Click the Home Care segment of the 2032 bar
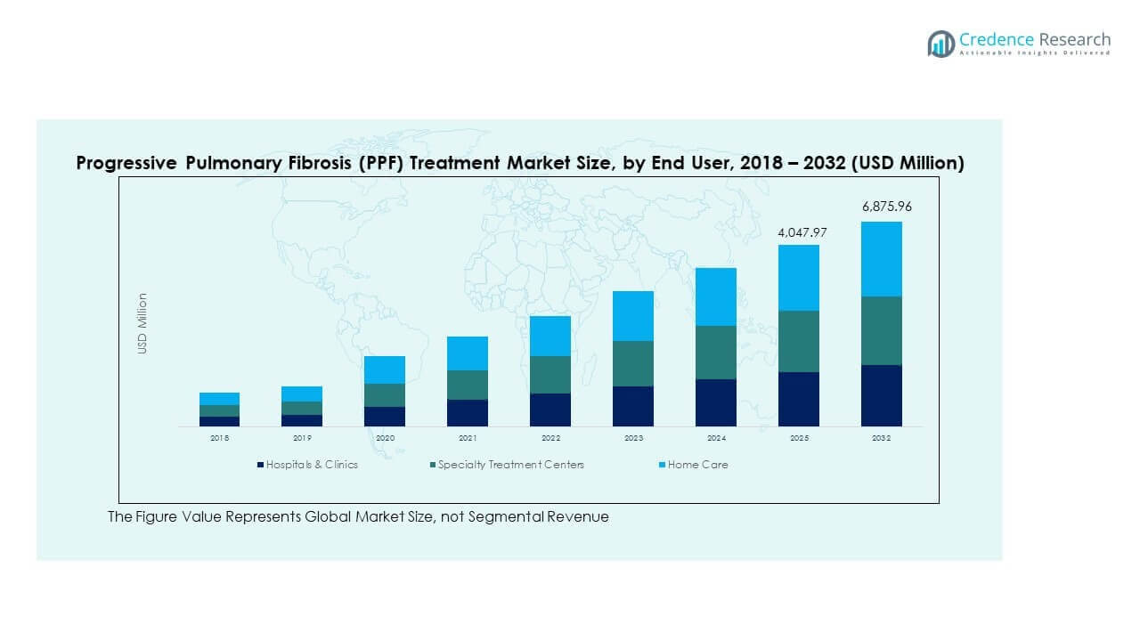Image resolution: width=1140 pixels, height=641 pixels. [x=881, y=259]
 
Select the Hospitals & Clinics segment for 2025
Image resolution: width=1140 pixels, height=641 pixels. [x=799, y=399]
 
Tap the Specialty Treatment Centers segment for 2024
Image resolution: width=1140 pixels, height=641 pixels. [x=716, y=353]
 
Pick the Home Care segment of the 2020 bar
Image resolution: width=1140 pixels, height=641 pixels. [x=385, y=369]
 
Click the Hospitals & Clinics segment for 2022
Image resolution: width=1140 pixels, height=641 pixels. [x=550, y=410]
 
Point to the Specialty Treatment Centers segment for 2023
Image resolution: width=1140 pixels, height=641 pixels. [x=633, y=363]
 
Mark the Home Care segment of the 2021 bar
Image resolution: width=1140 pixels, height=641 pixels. [x=468, y=353]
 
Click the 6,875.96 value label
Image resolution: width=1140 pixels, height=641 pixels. [x=886, y=207]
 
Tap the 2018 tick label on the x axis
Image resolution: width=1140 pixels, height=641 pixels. [x=219, y=439]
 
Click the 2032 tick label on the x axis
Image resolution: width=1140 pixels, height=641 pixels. [x=881, y=439]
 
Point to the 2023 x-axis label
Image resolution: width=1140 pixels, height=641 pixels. [x=633, y=439]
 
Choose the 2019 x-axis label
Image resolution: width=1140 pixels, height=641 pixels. [x=302, y=439]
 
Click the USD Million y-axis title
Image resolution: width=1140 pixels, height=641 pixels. [x=142, y=324]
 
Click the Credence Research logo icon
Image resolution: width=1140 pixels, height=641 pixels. [x=940, y=44]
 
